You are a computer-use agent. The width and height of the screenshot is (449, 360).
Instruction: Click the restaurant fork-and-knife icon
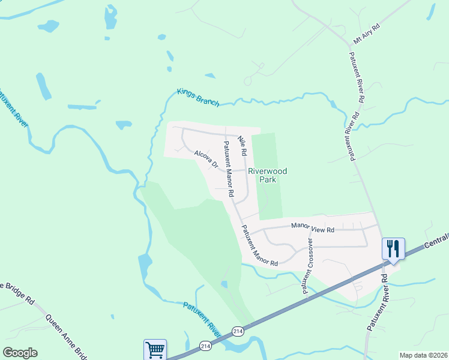pyautogui.click(x=393, y=248)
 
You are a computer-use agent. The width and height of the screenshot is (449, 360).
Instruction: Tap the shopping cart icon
pyautogui.click(x=155, y=349)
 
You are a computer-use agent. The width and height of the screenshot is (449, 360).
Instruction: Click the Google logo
pyautogui.click(x=20, y=353)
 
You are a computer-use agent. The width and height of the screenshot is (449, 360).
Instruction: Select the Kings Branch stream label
pyautogui.click(x=198, y=97)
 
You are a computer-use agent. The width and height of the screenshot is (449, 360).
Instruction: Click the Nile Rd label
pyautogui.click(x=243, y=146)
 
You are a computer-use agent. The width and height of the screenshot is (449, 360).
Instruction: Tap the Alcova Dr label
pyautogui.click(x=206, y=160)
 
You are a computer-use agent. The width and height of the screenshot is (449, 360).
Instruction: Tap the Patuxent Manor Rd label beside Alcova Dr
pyautogui.click(x=228, y=169)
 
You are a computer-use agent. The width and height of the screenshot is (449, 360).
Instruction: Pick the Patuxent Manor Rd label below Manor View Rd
pyautogui.click(x=260, y=246)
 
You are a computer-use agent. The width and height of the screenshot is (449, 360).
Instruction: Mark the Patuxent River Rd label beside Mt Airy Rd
pyautogui.click(x=358, y=76)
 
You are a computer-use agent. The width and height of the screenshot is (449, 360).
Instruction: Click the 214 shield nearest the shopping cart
pyautogui.click(x=205, y=346)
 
